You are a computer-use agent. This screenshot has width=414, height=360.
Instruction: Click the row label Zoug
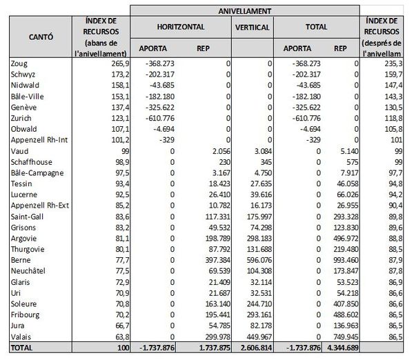click(x=21, y=63)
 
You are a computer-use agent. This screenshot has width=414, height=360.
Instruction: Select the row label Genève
click(x=24, y=108)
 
